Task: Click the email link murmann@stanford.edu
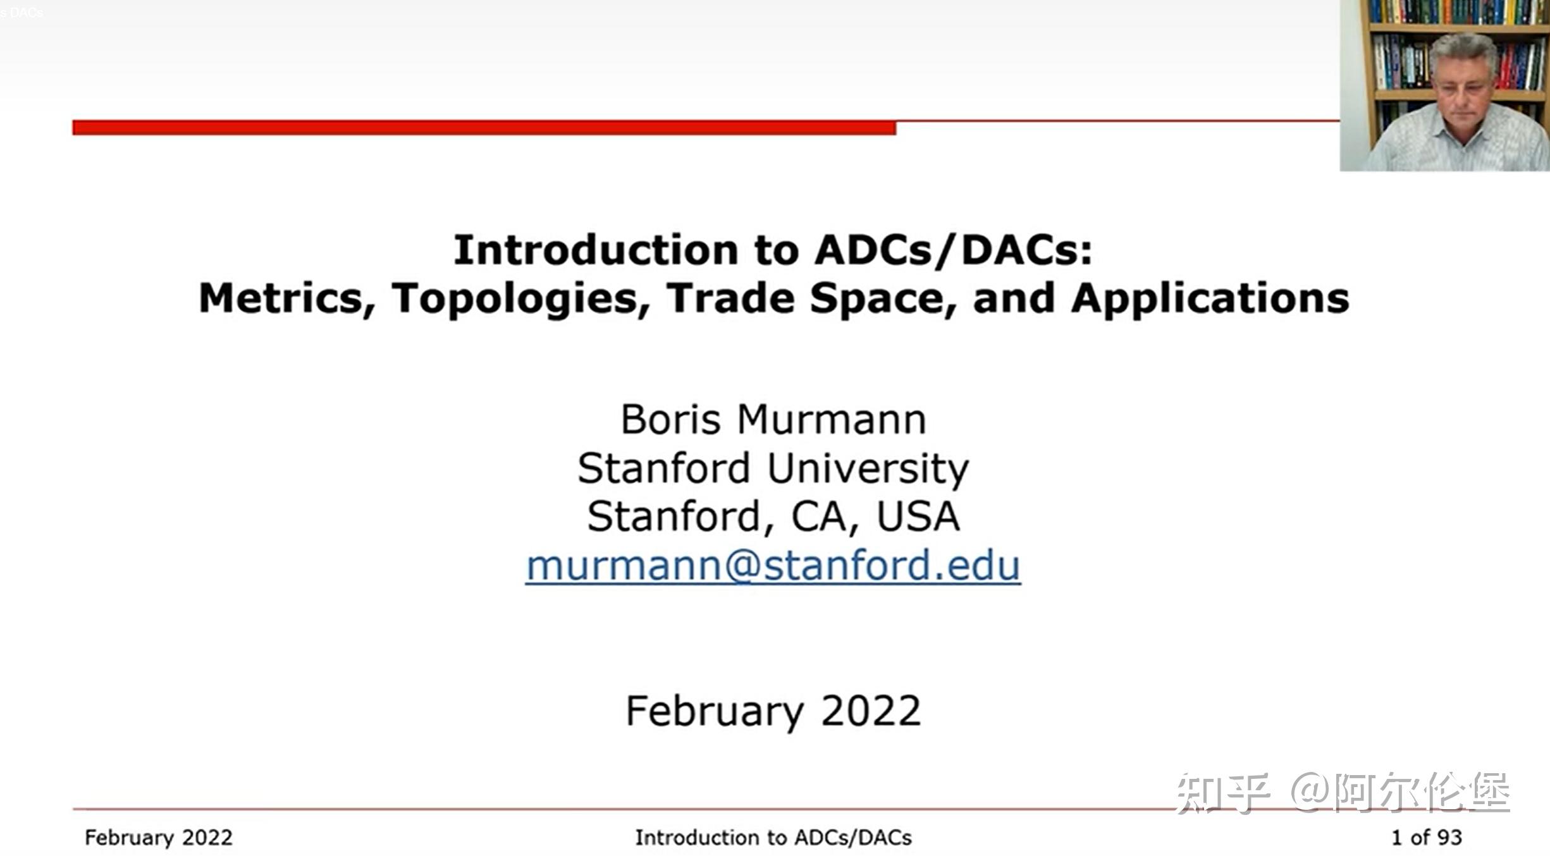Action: click(773, 565)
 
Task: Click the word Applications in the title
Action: click(1210, 298)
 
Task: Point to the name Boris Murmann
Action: click(773, 419)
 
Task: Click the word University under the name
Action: click(868, 468)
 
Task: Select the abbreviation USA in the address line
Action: click(918, 516)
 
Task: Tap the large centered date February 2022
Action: click(773, 711)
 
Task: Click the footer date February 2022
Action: click(159, 838)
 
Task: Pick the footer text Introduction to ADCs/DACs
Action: click(773, 838)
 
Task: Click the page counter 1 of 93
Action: click(1427, 838)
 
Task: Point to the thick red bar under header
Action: click(484, 128)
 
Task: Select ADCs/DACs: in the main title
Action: click(953, 250)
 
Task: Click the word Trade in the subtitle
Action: click(730, 298)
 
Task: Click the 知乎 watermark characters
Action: click(1222, 793)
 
